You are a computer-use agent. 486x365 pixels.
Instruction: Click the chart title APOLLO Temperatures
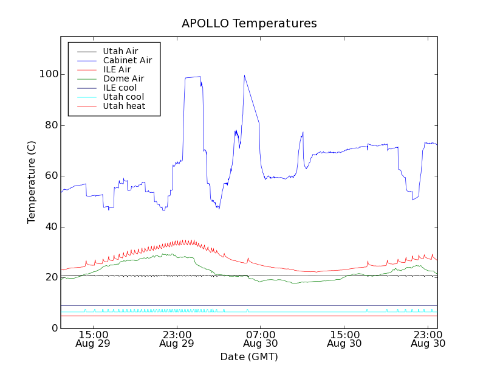[249, 24]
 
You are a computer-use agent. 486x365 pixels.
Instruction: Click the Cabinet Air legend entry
[127, 61]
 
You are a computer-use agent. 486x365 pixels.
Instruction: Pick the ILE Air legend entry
[117, 69]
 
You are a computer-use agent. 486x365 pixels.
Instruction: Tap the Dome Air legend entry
[123, 78]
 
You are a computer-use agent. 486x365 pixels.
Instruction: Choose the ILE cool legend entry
[120, 88]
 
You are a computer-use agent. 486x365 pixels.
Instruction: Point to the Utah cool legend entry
[123, 97]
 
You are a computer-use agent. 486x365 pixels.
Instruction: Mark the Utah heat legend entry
[123, 106]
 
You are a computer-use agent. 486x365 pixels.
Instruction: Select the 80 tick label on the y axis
[49, 125]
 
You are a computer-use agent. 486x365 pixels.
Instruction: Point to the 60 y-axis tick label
[49, 176]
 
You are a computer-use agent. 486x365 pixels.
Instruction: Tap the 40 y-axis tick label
[49, 227]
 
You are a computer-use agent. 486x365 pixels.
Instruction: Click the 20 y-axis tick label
[49, 277]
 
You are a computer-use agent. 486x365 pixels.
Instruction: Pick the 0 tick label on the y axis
[52, 328]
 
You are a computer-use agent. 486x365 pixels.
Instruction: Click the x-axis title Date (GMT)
[249, 356]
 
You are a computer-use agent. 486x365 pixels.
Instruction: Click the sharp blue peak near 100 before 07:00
[244, 76]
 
